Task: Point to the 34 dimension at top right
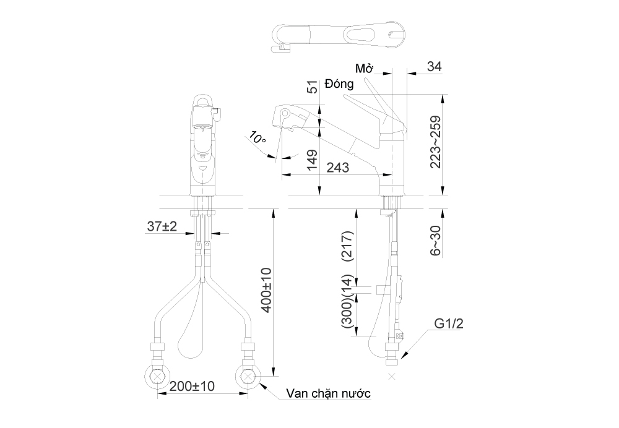pyautogui.click(x=435, y=66)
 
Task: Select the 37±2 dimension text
pyautogui.click(x=162, y=227)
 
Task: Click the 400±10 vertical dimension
pyautogui.click(x=267, y=289)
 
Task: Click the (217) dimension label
pyautogui.click(x=347, y=247)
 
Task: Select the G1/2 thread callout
pyautogui.click(x=448, y=323)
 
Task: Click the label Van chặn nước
pyautogui.click(x=328, y=394)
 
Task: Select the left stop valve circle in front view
pyautogui.click(x=158, y=375)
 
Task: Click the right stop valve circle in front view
pyautogui.click(x=248, y=375)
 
